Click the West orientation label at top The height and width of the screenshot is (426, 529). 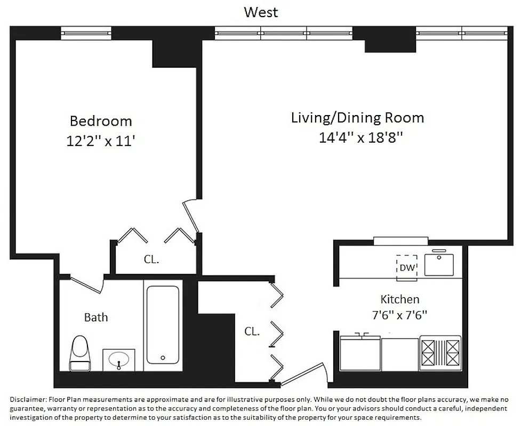pyautogui.click(x=261, y=12)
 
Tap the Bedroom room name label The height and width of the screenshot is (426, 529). pyautogui.click(x=101, y=121)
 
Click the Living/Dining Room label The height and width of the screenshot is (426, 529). pyautogui.click(x=357, y=118)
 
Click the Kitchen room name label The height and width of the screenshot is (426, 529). pyautogui.click(x=399, y=299)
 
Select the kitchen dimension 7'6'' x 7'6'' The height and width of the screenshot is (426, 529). pyautogui.click(x=399, y=315)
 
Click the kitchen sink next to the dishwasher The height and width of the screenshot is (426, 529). pyautogui.click(x=438, y=264)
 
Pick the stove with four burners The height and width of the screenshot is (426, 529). pyautogui.click(x=440, y=352)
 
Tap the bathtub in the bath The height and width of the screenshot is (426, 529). pyautogui.click(x=163, y=325)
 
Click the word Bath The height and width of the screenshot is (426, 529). pyautogui.click(x=96, y=317)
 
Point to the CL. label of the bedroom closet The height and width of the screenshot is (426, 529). pyautogui.click(x=151, y=260)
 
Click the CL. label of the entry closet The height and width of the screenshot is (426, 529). pyautogui.click(x=252, y=331)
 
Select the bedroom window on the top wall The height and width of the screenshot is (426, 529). pyautogui.click(x=86, y=33)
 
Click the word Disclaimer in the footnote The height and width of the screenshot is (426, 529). pyautogui.click(x=28, y=399)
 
